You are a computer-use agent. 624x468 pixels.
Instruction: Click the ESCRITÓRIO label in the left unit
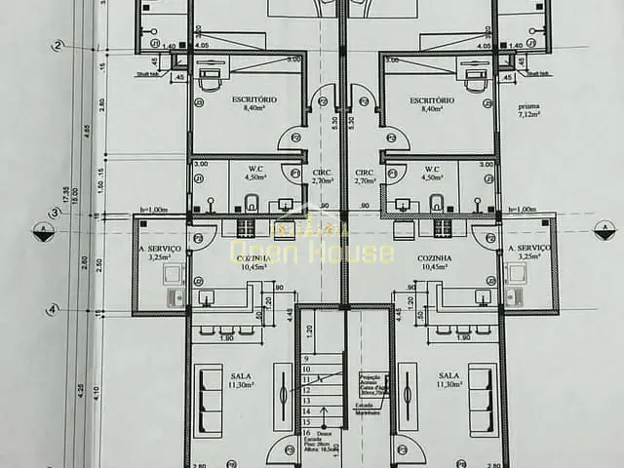254,100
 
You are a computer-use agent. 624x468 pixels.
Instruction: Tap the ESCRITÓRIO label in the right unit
433,100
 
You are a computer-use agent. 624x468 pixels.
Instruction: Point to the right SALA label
448,374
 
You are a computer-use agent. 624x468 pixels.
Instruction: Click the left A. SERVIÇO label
161,249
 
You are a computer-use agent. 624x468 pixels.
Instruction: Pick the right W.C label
431,169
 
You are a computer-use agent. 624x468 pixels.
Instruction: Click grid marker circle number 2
58,46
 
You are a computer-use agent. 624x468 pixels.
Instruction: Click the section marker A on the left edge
42,231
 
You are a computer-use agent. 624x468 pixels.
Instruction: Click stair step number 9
306,358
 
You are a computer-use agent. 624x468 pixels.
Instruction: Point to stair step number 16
306,432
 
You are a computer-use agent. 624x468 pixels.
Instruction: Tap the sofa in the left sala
209,399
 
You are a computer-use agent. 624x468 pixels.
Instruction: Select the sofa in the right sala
481,399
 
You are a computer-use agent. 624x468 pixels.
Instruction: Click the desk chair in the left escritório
211,82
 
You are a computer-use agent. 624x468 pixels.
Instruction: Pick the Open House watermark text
312,252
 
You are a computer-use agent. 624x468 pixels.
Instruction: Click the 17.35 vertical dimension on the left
67,195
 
